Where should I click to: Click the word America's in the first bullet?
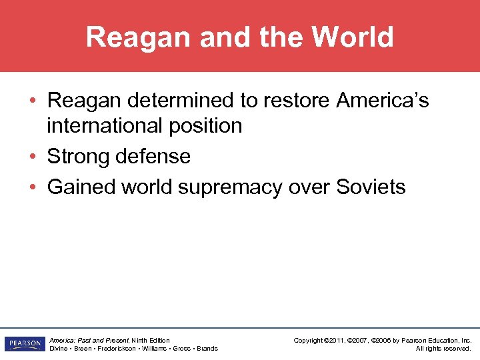pos(383,101)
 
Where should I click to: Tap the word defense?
pos(155,157)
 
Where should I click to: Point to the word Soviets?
pos(371,187)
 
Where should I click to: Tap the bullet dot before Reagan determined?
pos(32,101)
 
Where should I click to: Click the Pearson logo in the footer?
pos(23,344)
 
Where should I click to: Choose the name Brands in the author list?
pos(207,349)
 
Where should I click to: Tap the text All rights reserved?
pos(443,349)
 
